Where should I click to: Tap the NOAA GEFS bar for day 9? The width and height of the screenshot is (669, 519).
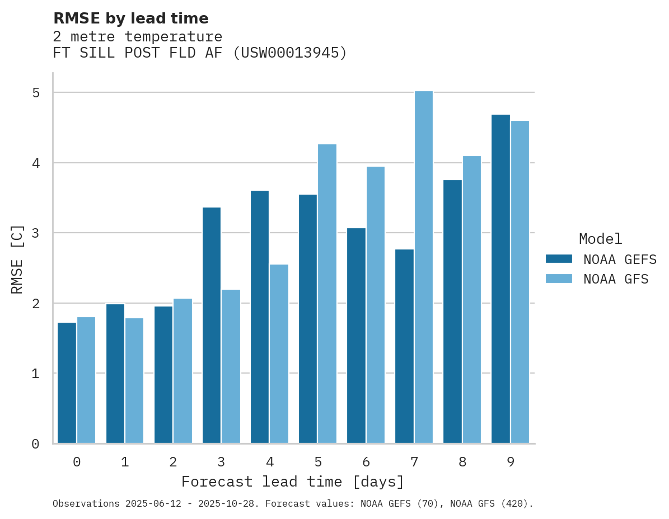tap(500, 279)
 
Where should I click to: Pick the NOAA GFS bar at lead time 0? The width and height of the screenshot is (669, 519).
tap(86, 380)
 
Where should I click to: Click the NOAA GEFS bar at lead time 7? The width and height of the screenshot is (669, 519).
tap(404, 346)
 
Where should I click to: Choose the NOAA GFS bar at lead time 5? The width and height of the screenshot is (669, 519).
tap(327, 294)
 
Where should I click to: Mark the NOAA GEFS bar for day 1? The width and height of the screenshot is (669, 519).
tap(115, 374)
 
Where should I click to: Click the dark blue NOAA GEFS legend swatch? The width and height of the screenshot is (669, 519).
tap(559, 259)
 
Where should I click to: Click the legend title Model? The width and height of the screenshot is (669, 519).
tap(600, 239)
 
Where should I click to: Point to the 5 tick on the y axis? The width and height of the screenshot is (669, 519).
tap(36, 93)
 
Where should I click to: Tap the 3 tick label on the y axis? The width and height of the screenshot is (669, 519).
tap(36, 233)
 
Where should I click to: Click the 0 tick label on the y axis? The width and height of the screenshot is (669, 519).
tap(36, 444)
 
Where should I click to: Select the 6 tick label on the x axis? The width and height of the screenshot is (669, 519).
tap(366, 462)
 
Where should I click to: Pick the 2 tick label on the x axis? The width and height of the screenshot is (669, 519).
tap(173, 462)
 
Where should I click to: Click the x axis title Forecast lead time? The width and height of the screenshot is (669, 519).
tap(293, 482)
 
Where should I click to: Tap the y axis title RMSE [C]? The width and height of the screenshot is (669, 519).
tap(17, 259)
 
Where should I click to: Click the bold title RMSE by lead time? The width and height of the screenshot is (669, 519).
tap(130, 18)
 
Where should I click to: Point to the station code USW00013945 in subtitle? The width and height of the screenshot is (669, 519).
tap(289, 53)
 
